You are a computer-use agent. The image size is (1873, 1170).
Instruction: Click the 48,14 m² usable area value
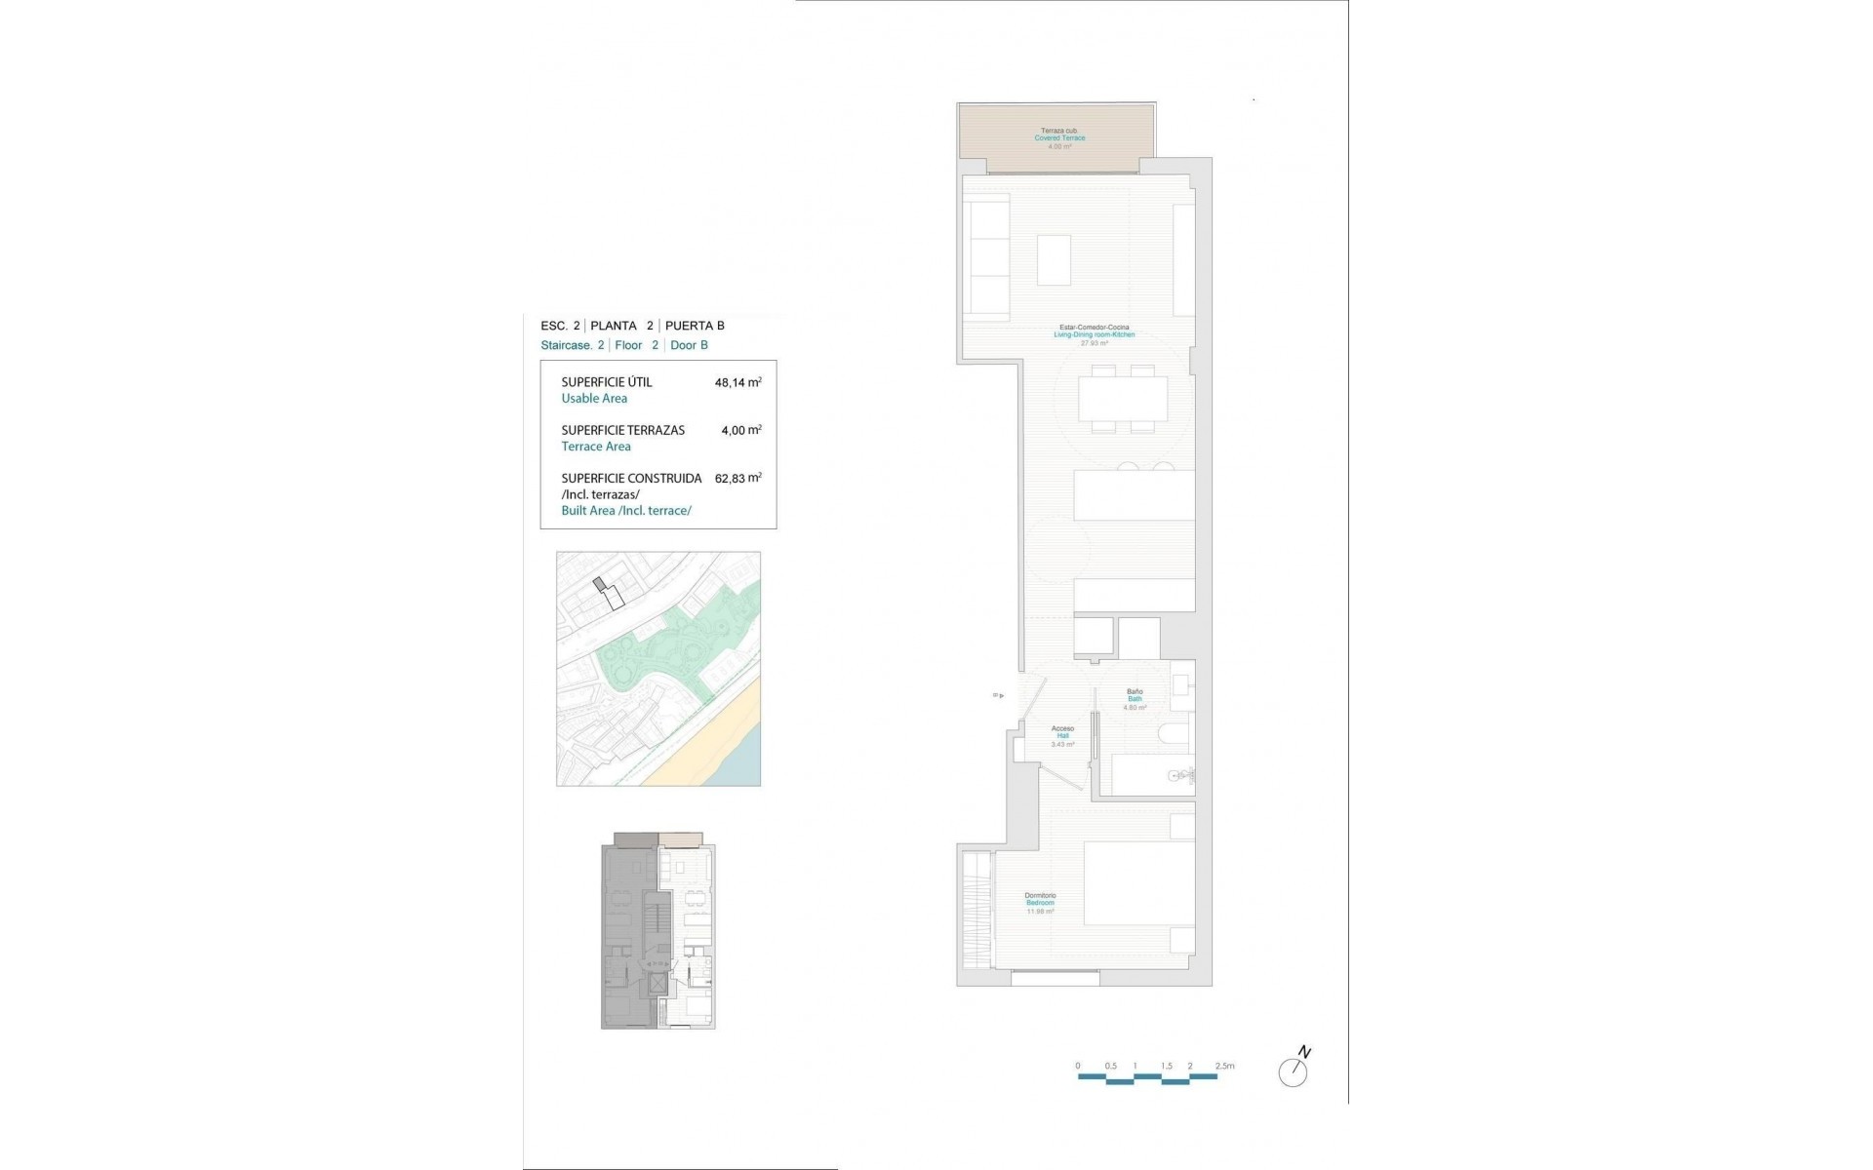[737, 382]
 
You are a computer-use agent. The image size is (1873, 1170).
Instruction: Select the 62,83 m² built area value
[737, 479]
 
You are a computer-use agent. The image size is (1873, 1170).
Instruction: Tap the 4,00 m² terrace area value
[740, 430]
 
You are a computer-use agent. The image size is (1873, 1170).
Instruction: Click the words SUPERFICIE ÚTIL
[607, 382]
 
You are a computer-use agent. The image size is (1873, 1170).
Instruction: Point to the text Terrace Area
[596, 447]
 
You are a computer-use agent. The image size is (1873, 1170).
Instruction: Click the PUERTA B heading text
[695, 326]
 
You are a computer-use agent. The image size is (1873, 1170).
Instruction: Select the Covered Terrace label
[1059, 138]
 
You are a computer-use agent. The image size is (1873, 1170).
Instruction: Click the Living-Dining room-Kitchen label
[1094, 334]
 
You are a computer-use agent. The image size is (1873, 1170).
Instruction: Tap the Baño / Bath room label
[1135, 698]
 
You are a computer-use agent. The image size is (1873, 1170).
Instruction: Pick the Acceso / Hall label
[1062, 735]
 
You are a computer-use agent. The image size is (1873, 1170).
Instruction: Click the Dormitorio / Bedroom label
[1040, 903]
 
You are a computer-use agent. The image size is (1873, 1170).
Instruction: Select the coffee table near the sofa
[1054, 259]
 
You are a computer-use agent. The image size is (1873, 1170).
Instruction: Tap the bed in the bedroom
[1138, 882]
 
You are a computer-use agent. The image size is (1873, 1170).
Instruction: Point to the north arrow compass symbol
[1294, 1069]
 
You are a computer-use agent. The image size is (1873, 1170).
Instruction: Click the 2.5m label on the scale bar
[1224, 1066]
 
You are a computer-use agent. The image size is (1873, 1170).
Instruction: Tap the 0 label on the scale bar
[1078, 1066]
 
